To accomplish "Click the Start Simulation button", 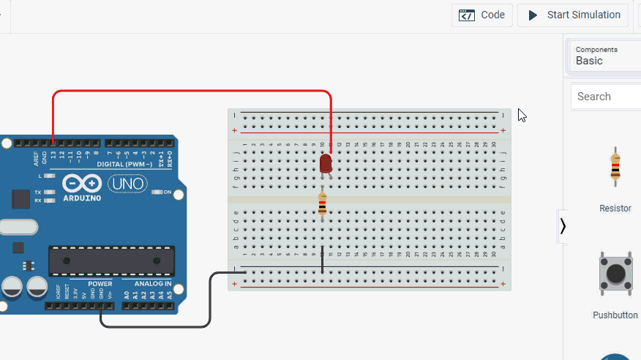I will (574, 15).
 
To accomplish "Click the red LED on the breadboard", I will (326, 163).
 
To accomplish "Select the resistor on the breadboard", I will (322, 205).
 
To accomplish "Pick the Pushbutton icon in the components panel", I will (615, 275).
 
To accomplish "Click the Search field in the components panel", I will (606, 97).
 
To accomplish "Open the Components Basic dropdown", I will (606, 56).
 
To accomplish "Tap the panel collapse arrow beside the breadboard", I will (562, 226).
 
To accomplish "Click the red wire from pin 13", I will (190, 91).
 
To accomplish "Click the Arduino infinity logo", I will (82, 183).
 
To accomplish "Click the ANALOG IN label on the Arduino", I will (152, 283).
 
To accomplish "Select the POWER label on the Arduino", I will (100, 283).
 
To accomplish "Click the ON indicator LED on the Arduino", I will (158, 192).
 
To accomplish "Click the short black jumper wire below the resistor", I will (322, 260).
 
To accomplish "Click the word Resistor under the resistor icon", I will (615, 209).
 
